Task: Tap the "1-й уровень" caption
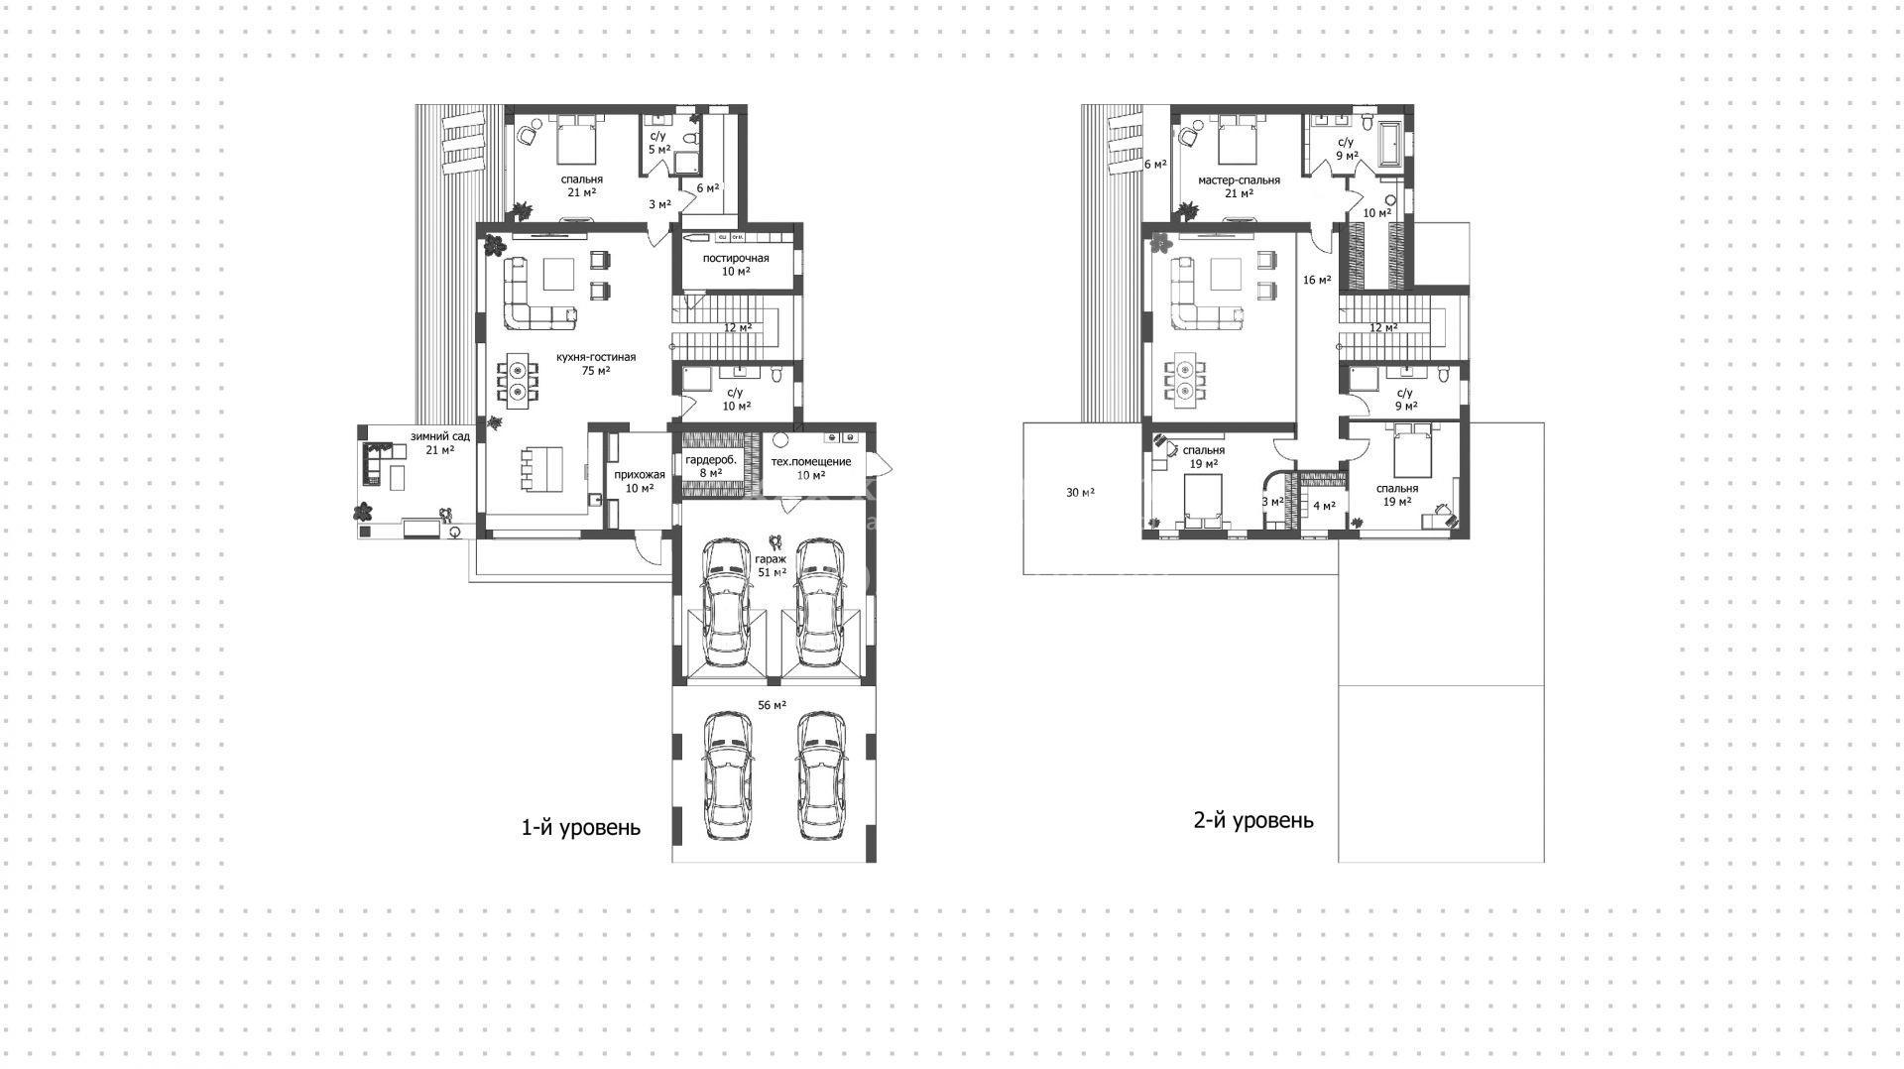coord(581,827)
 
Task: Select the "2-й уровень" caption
coord(1253,820)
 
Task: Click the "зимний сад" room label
coord(440,436)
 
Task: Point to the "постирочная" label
coord(736,259)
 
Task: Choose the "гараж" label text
coord(772,559)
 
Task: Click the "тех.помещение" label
coord(811,462)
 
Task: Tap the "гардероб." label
coord(711,460)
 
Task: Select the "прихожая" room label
coord(640,475)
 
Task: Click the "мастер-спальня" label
coord(1239,180)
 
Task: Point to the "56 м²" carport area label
coord(772,705)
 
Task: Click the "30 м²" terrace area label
coord(1081,492)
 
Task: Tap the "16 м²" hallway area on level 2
coord(1317,280)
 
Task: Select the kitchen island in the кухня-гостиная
coord(541,467)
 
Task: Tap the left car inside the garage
coord(726,603)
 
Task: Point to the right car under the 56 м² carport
coord(821,775)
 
